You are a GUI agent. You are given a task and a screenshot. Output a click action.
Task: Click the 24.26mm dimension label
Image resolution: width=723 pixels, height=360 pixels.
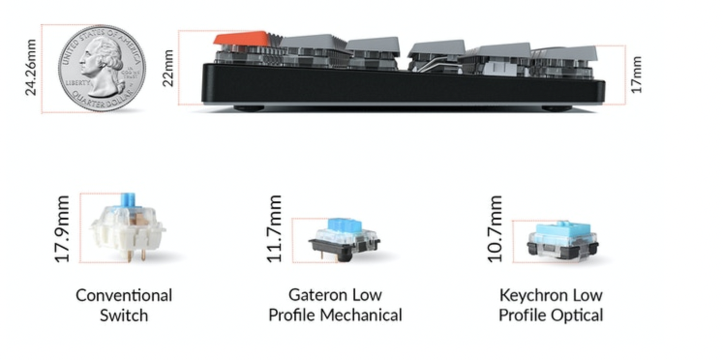[x=31, y=67]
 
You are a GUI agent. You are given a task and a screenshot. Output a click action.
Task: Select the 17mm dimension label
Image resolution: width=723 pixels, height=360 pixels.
[x=636, y=75]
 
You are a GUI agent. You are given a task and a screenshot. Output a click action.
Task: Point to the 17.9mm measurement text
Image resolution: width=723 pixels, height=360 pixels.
[x=62, y=229]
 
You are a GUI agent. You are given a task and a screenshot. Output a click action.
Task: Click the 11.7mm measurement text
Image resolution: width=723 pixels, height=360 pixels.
[x=274, y=229]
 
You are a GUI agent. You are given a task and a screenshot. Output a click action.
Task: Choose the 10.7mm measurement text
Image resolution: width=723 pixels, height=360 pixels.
[x=495, y=229]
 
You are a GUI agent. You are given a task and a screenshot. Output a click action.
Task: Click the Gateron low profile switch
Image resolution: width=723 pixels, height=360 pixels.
[x=344, y=239]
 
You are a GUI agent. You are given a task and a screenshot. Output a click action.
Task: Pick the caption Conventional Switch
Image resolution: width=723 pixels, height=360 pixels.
[x=124, y=305]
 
